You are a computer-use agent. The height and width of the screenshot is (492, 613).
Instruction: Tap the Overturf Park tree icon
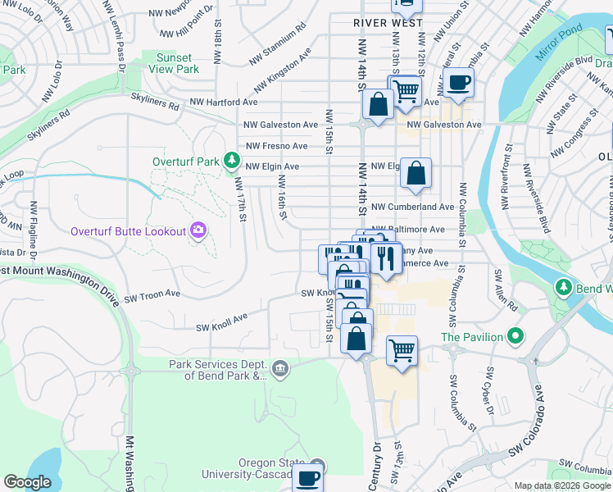tap(233, 161)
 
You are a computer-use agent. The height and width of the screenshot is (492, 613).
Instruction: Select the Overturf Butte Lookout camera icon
tap(198, 230)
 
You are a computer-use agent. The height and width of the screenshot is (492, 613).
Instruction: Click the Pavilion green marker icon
tap(515, 336)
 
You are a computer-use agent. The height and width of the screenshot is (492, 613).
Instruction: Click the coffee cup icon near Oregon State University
tap(308, 477)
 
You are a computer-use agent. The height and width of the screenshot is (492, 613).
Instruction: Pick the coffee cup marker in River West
tap(460, 82)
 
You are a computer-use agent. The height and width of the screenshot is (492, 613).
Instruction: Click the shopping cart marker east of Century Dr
tap(402, 350)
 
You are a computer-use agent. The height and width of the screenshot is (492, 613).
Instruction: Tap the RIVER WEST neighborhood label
tap(388, 23)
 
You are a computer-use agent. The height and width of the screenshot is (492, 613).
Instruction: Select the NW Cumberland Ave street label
tap(412, 207)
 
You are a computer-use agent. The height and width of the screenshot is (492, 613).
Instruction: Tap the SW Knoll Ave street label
tap(221, 322)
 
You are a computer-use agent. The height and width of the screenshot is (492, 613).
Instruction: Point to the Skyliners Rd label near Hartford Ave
tap(155, 101)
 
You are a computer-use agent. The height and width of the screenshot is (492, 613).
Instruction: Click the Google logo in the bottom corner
tap(28, 482)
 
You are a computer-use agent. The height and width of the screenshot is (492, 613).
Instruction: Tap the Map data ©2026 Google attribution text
tap(562, 485)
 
